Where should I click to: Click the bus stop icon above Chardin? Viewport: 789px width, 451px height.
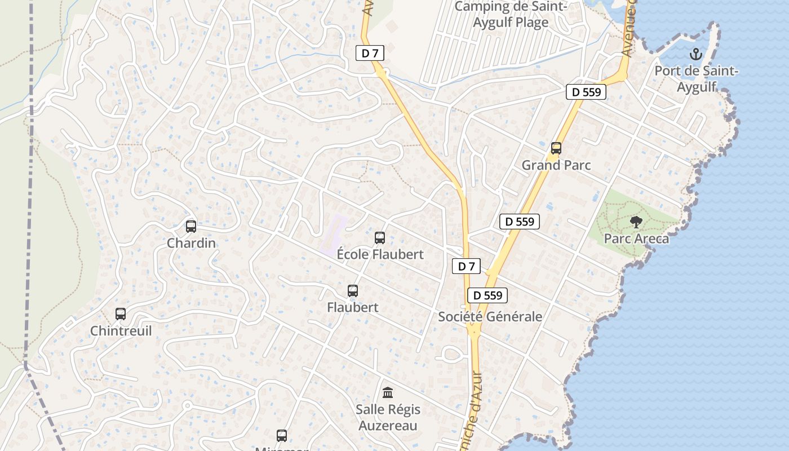pos(191,227)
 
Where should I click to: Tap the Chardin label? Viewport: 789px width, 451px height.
pos(191,243)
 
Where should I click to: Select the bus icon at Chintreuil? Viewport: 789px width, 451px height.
pos(121,314)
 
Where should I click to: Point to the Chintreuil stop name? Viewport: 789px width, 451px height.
pos(121,330)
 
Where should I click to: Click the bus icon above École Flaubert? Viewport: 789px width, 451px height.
pos(380,238)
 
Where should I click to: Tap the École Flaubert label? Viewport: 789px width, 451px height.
pos(380,254)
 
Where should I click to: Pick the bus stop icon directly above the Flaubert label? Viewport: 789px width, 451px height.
pos(353,291)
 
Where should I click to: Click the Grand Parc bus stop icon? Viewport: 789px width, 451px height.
pos(556,148)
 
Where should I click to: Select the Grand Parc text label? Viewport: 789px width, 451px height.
pos(556,165)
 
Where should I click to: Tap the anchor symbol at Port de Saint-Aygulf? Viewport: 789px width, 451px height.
pos(696,55)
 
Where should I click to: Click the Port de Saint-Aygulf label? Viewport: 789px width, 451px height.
pos(696,79)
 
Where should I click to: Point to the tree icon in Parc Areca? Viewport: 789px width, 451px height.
pos(636,222)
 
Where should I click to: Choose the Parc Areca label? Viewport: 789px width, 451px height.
pos(636,238)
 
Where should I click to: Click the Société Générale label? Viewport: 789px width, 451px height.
pos(490,316)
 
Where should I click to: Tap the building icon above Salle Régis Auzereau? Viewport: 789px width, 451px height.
pos(388,392)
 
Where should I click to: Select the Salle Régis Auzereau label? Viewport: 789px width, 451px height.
pos(388,417)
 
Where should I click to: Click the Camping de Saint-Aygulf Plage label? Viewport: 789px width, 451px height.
pos(511,15)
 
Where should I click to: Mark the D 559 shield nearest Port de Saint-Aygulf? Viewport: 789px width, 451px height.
pos(586,92)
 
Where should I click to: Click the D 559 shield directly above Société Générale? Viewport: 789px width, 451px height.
pos(487,295)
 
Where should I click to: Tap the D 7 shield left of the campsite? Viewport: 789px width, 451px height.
pos(370,54)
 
